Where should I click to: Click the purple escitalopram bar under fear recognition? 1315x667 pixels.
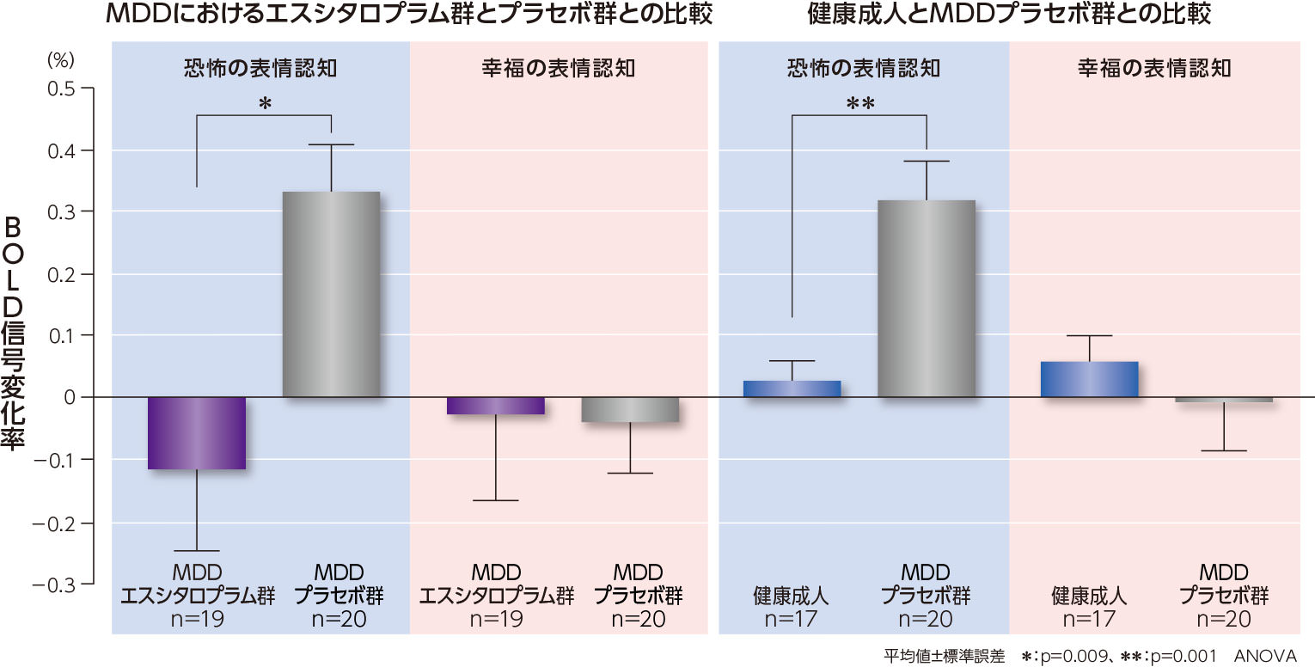(197, 432)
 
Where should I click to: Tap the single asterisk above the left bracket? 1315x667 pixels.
(265, 105)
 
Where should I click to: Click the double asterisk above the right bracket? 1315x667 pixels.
(859, 105)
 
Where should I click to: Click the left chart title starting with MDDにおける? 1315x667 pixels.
(409, 15)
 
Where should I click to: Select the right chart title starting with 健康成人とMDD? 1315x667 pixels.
(1009, 15)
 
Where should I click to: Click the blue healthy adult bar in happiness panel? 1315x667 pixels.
(1089, 379)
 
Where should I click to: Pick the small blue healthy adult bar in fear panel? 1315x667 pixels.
(792, 389)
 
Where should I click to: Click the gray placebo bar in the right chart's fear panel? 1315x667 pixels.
(926, 298)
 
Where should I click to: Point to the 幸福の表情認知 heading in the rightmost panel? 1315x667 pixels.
(1154, 68)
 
